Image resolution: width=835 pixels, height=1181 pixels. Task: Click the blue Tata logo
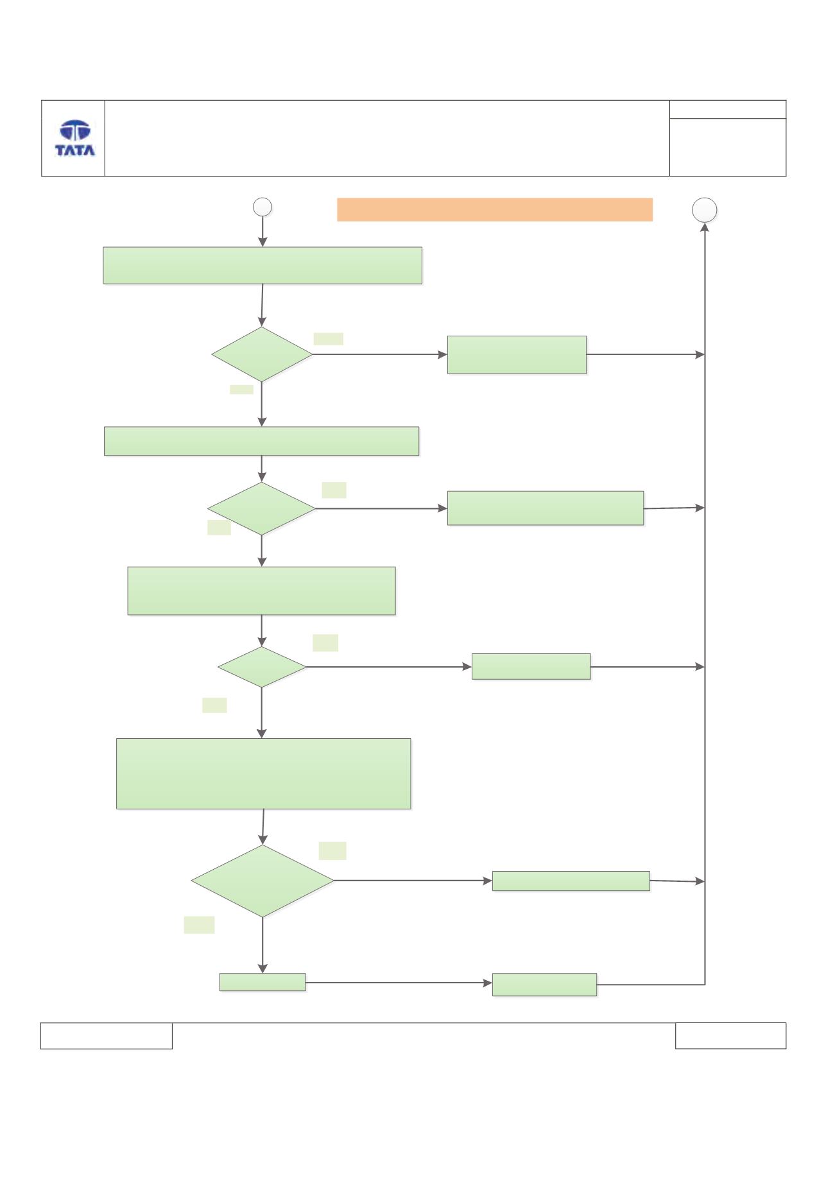point(75,138)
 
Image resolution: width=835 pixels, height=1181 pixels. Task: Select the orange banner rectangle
point(495,210)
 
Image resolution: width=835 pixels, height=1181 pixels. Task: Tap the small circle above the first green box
point(263,207)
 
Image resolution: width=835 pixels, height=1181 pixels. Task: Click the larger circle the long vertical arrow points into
point(705,210)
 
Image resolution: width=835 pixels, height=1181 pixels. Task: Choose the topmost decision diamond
point(262,354)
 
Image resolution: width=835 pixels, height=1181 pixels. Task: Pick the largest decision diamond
point(263,881)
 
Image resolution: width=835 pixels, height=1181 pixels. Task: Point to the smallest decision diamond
point(262,667)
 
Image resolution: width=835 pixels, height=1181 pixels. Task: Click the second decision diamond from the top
point(262,508)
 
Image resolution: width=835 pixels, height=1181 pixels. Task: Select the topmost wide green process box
point(263,265)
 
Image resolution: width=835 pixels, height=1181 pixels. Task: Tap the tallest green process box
point(263,773)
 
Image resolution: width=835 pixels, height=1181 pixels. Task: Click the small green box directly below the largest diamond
point(263,982)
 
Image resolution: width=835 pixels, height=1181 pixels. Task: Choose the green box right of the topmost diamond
point(517,354)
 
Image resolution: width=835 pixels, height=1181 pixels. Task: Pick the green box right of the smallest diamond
point(531,666)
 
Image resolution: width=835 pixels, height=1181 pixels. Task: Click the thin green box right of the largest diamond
point(571,881)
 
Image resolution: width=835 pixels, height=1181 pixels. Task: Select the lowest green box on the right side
point(544,985)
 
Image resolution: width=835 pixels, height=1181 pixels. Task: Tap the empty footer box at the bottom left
point(107,1036)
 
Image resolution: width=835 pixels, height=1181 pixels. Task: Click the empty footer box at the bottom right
point(730,1036)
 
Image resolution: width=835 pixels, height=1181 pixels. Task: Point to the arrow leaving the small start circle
point(263,232)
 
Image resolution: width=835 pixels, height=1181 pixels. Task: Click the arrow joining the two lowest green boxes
point(399,983)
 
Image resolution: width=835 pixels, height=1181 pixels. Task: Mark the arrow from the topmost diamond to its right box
point(380,354)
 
